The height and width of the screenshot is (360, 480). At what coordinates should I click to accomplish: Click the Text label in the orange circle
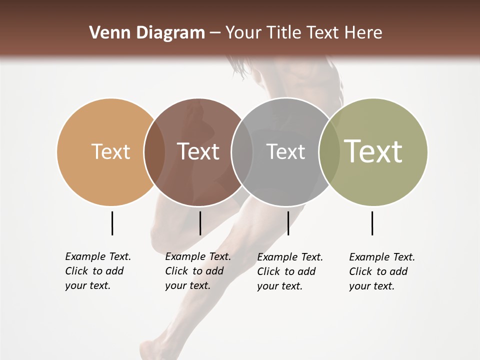[x=110, y=151]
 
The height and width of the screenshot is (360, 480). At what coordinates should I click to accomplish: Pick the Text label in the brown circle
[x=198, y=151]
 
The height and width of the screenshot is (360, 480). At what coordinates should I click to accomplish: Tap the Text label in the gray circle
[x=285, y=151]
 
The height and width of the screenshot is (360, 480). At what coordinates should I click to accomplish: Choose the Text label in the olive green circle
[x=373, y=151]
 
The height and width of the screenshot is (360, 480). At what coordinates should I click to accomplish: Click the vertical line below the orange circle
[x=112, y=223]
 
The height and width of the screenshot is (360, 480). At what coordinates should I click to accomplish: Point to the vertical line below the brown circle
[x=200, y=223]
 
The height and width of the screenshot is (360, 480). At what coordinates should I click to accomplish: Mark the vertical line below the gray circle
[x=288, y=223]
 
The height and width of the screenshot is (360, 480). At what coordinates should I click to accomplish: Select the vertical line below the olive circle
[x=372, y=223]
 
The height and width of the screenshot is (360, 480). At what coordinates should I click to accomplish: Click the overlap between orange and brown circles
[x=154, y=151]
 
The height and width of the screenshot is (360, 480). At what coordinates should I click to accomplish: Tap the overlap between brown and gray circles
[x=242, y=151]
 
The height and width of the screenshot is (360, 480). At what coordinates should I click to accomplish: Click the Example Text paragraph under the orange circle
[x=98, y=271]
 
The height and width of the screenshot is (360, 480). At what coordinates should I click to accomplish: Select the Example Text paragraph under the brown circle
[x=198, y=271]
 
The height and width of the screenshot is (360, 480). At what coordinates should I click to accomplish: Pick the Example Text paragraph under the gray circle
[x=290, y=271]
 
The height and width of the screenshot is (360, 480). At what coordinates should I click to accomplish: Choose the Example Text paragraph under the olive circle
[x=382, y=271]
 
